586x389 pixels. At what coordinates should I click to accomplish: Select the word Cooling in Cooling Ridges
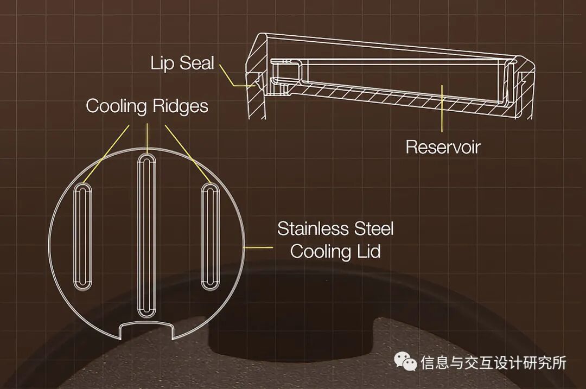pos(115,106)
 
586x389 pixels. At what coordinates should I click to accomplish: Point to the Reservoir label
pos(443,147)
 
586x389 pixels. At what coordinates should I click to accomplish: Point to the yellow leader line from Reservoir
pos(442,109)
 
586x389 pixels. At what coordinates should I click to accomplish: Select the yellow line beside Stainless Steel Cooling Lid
pos(260,247)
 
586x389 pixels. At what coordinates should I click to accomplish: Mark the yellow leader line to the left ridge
pos(107,154)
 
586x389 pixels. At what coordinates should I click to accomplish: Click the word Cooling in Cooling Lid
pos(320,252)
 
